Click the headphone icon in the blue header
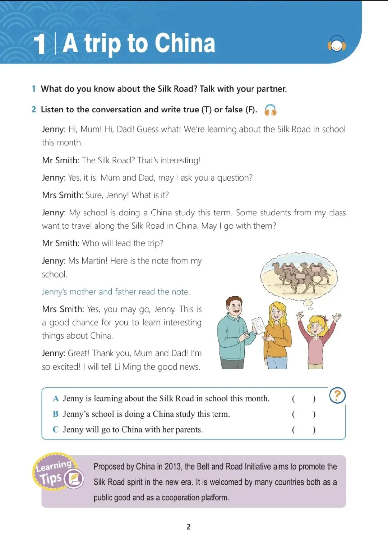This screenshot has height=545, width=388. coord(337,44)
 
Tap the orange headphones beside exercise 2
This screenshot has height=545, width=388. coord(270,110)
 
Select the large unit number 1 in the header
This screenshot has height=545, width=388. coord(40,44)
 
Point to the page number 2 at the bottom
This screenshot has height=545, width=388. coord(189,527)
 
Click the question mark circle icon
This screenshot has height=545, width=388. coord(337,395)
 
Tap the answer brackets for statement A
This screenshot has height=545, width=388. coord(304,399)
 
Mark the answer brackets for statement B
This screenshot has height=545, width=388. coord(304,414)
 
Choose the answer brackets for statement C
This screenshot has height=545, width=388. coord(304,430)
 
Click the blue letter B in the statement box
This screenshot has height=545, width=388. coord(56,414)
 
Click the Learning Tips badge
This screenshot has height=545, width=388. coord(59,472)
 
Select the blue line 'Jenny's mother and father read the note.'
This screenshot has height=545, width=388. coord(116,292)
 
